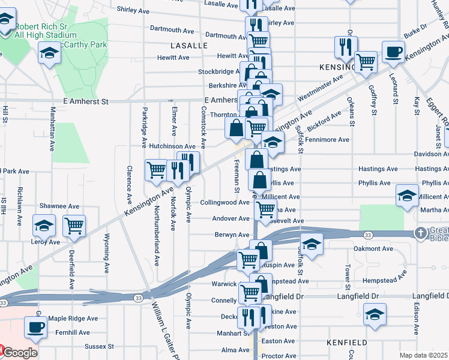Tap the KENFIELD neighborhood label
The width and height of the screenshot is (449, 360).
(346, 341)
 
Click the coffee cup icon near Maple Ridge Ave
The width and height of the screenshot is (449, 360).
(35, 327)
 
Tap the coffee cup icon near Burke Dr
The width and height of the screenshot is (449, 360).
(394, 51)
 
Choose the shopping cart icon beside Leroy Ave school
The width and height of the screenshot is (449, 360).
(74, 226)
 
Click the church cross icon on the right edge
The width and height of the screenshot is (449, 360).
(421, 233)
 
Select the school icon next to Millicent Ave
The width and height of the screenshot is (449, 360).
(407, 195)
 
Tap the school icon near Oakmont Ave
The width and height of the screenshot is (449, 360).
(312, 244)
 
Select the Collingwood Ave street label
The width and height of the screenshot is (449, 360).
(224, 203)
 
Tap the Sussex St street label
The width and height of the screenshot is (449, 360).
(99, 346)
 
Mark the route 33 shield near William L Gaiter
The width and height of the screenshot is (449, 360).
(139, 298)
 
